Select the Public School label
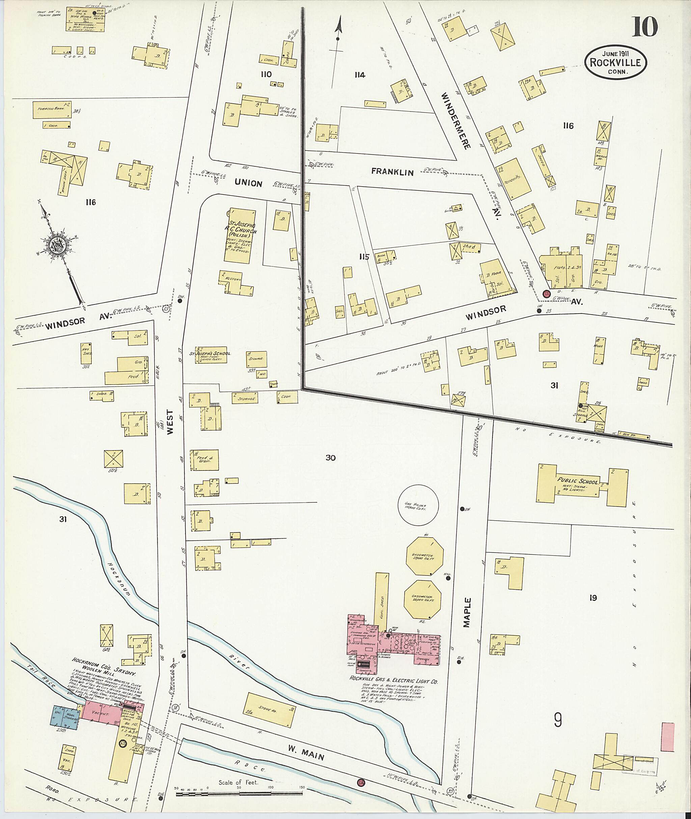(578, 481)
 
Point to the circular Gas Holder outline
(418, 505)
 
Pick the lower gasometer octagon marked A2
(422, 598)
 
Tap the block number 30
(330, 458)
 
